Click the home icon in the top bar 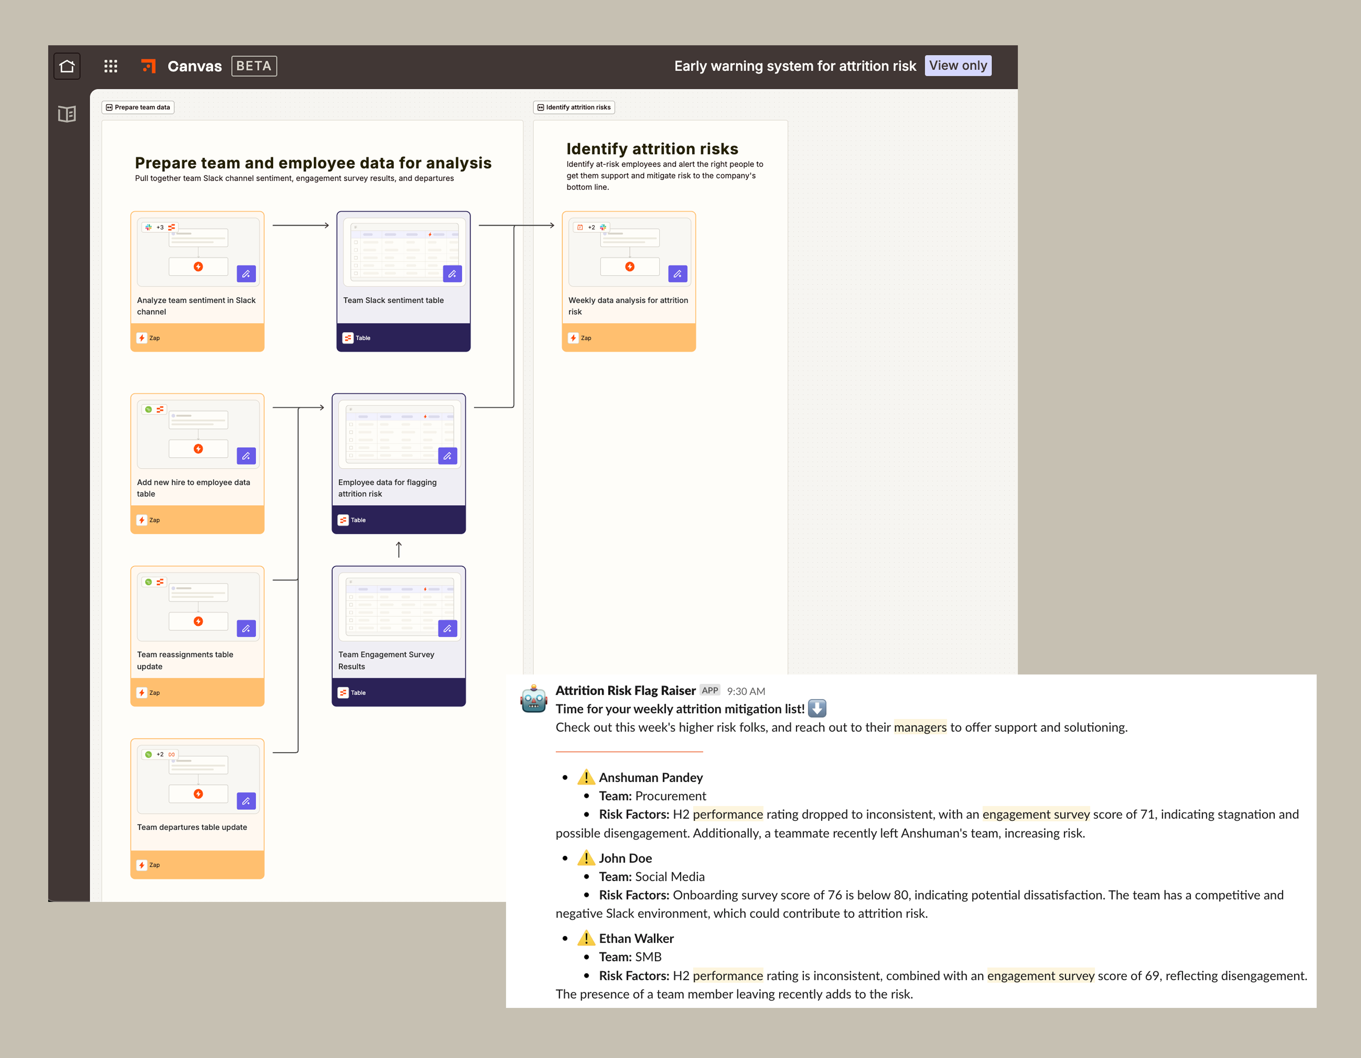pyautogui.click(x=67, y=66)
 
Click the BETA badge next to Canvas pyautogui.click(x=254, y=66)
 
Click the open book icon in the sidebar pyautogui.click(x=67, y=114)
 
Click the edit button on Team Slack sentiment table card pyautogui.click(x=452, y=274)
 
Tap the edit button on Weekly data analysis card pyautogui.click(x=677, y=274)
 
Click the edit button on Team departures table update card pyautogui.click(x=246, y=801)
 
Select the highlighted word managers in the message pyautogui.click(x=920, y=727)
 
